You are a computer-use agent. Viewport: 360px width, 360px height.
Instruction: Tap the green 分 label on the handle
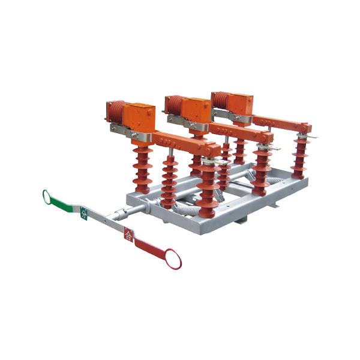click(x=84, y=212)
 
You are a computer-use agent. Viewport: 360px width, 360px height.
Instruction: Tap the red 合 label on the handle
click(x=128, y=234)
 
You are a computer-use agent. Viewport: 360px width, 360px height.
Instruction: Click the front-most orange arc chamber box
click(x=142, y=114)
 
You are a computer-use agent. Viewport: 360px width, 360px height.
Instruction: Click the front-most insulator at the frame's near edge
click(x=208, y=189)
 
